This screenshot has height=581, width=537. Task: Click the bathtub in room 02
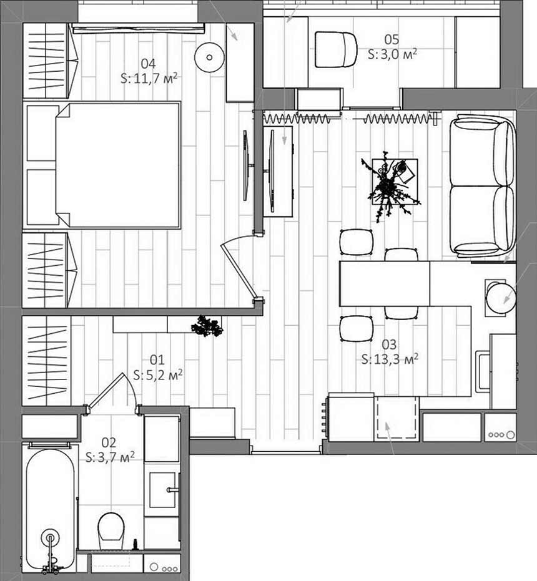[x=50, y=510]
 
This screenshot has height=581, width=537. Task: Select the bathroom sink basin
[x=162, y=490]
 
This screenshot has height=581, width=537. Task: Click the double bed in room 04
[x=117, y=165]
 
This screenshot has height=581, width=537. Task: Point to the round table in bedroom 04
[x=210, y=57]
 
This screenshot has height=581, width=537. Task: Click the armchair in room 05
[x=336, y=50]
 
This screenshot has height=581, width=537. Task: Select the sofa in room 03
[x=483, y=186]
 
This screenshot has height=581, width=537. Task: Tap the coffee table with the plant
[x=395, y=182]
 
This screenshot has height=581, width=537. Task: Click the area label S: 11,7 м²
[x=149, y=79]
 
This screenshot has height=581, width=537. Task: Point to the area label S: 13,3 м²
[x=390, y=359]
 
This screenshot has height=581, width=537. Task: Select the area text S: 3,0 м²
[x=392, y=54]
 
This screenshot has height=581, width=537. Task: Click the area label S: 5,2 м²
[x=158, y=375]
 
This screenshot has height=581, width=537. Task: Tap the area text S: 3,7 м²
[x=110, y=457]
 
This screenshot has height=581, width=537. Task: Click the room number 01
[x=157, y=360]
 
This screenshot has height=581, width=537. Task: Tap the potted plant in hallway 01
[x=207, y=326]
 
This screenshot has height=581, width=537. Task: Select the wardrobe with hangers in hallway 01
[x=46, y=361]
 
